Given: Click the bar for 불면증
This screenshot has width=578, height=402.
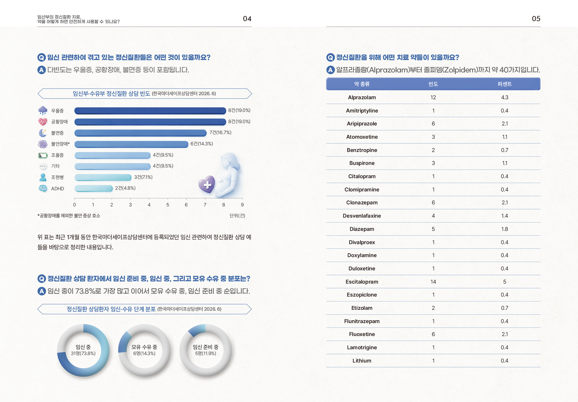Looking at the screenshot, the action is click(x=140, y=133).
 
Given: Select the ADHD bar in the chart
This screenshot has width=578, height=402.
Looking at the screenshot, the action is click(x=93, y=188).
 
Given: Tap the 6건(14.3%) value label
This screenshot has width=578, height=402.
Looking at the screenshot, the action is click(x=202, y=144).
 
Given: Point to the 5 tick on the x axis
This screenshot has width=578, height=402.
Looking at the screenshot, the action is click(x=168, y=205).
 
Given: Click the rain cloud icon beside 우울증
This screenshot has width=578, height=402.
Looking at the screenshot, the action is click(x=42, y=110).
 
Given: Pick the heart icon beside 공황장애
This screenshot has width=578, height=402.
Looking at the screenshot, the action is click(x=42, y=122).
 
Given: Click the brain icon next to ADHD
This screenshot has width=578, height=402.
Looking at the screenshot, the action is click(x=43, y=188).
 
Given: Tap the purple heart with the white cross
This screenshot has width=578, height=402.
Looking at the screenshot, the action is click(x=207, y=184).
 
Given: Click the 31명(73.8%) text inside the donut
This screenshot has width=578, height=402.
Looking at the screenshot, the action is click(x=83, y=353).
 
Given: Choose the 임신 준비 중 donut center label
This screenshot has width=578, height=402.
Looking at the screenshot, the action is click(x=206, y=347).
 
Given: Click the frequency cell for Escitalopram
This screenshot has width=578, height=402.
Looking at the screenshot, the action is click(x=433, y=282).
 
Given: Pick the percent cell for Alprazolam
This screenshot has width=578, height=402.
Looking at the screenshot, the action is click(x=504, y=97).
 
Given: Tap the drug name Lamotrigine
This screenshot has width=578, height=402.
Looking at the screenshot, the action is click(x=362, y=347).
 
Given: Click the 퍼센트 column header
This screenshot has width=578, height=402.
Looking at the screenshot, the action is click(x=504, y=84).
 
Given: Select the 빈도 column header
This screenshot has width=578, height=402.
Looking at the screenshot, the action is click(x=433, y=84).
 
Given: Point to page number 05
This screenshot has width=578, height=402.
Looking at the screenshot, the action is click(x=536, y=19).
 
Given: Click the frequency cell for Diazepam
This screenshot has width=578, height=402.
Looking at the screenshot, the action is click(x=433, y=229).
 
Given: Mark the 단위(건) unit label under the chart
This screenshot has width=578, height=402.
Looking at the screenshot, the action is click(x=237, y=216).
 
